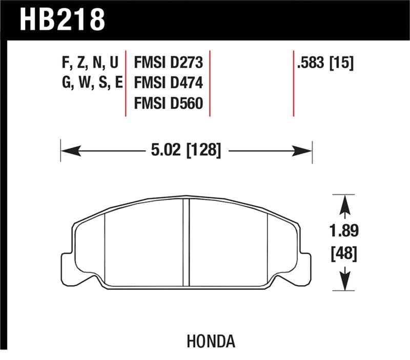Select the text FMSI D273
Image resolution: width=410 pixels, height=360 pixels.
pyautogui.click(x=169, y=63)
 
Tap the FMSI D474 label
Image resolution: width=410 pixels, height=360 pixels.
pyautogui.click(x=169, y=83)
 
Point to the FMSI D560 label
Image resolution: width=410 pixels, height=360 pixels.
pyautogui.click(x=169, y=104)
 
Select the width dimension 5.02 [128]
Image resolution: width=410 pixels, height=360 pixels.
pyautogui.click(x=186, y=150)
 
